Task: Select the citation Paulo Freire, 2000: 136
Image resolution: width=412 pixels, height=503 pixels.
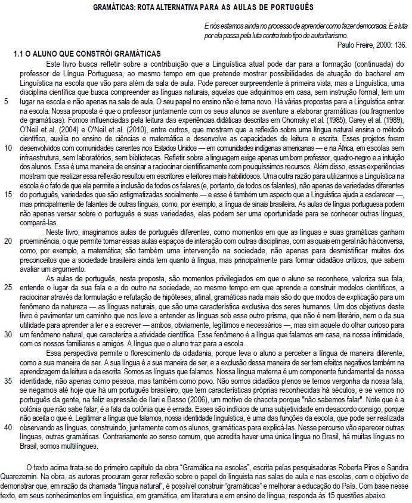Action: coord(371,45)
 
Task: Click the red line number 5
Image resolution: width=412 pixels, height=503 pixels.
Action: coord(6,102)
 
